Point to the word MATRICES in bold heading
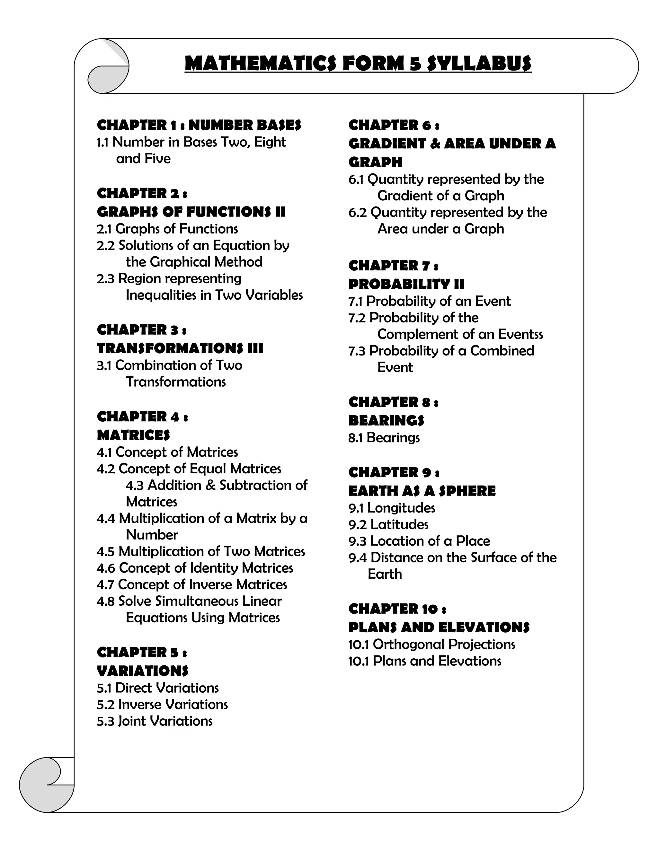pyautogui.click(x=133, y=435)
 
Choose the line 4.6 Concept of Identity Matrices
pyautogui.click(x=195, y=568)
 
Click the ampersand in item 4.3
pyautogui.click(x=210, y=485)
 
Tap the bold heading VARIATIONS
pyautogui.click(x=143, y=671)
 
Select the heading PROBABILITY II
pyautogui.click(x=406, y=284)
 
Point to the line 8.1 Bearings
pyautogui.click(x=384, y=438)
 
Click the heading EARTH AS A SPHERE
pyautogui.click(x=422, y=491)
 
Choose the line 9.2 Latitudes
pyautogui.click(x=388, y=524)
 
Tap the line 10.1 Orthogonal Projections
pyautogui.click(x=431, y=645)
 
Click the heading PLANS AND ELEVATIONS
pyautogui.click(x=439, y=627)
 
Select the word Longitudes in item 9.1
pyautogui.click(x=401, y=508)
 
